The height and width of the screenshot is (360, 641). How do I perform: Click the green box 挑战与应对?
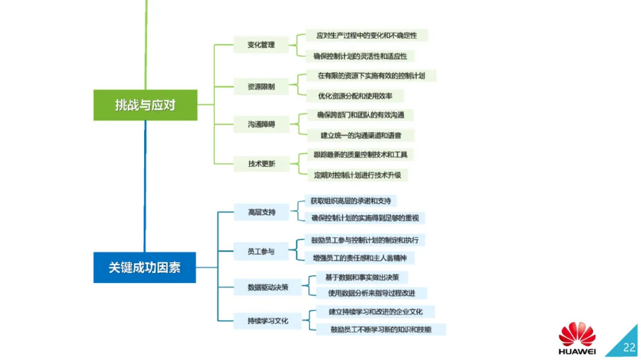pyautogui.click(x=145, y=105)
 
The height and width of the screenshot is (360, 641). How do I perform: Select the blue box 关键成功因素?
pyautogui.click(x=145, y=267)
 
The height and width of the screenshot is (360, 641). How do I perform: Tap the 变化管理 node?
pyautogui.click(x=261, y=44)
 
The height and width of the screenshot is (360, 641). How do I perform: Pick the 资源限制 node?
pyautogui.click(x=261, y=87)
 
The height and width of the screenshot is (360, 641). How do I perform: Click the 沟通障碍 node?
pyautogui.click(x=261, y=125)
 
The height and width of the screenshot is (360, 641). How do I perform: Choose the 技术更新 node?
pyautogui.click(x=261, y=164)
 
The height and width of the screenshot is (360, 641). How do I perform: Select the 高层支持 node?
pyautogui.click(x=262, y=212)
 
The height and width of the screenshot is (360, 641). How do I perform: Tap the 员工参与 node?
pyautogui.click(x=261, y=251)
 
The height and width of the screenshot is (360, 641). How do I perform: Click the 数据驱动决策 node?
pyautogui.click(x=268, y=287)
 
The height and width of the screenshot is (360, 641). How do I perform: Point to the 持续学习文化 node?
pyautogui.click(x=268, y=321)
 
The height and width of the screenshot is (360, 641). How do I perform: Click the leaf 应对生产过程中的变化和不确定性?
pyautogui.click(x=366, y=36)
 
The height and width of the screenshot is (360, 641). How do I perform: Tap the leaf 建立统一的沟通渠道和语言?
pyautogui.click(x=360, y=135)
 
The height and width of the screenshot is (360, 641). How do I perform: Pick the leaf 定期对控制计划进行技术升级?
pyautogui.click(x=357, y=175)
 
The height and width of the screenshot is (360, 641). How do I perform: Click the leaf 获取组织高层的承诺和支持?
pyautogui.click(x=350, y=201)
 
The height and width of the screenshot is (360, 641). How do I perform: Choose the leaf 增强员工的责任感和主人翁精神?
pyautogui.click(x=359, y=258)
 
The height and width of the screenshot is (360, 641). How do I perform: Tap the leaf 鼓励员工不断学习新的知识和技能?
pyautogui.click(x=381, y=329)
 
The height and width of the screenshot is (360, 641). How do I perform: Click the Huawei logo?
pyautogui.click(x=577, y=339)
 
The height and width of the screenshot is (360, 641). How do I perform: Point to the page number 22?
pyautogui.click(x=629, y=348)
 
